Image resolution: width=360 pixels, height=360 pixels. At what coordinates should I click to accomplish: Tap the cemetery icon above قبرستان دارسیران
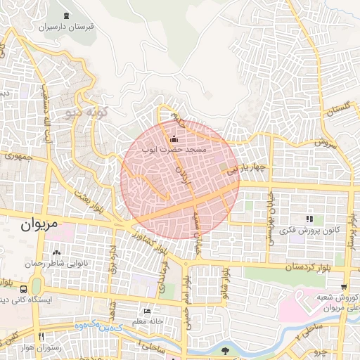pyautogui.click(x=66, y=16)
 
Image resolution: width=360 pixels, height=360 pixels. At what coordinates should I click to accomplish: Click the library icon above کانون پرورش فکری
pyautogui.click(x=309, y=219)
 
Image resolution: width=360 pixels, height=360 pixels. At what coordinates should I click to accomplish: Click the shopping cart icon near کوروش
pyautogui.click(x=343, y=286)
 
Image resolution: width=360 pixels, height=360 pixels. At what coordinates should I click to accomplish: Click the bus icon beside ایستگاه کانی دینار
pyautogui.click(x=25, y=288)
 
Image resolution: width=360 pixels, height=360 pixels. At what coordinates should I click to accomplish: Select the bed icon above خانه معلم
pyautogui.click(x=146, y=311)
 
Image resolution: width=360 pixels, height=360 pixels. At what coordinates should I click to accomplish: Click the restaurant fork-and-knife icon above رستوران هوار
pyautogui.click(x=40, y=337)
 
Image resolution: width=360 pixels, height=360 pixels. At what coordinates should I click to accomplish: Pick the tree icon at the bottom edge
pyautogui.click(x=225, y=349)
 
